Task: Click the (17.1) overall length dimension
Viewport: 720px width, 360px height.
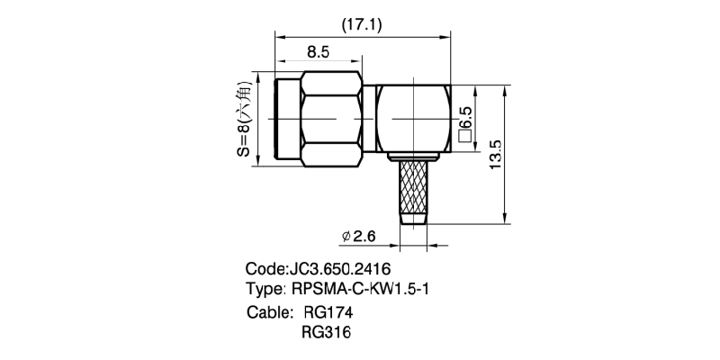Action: coord(362,24)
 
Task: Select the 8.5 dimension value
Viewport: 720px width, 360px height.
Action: coord(319,52)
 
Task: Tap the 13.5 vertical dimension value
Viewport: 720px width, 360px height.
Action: coord(495,154)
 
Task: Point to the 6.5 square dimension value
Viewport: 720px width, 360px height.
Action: coord(464,117)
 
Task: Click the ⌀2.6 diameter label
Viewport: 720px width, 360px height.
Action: coord(358,236)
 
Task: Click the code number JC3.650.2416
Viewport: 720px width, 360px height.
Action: coord(339,268)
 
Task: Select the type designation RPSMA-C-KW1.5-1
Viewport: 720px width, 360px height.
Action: coord(361,289)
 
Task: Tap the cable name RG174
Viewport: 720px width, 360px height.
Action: coord(328,312)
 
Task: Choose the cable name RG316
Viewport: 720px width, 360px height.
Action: coord(326,331)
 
